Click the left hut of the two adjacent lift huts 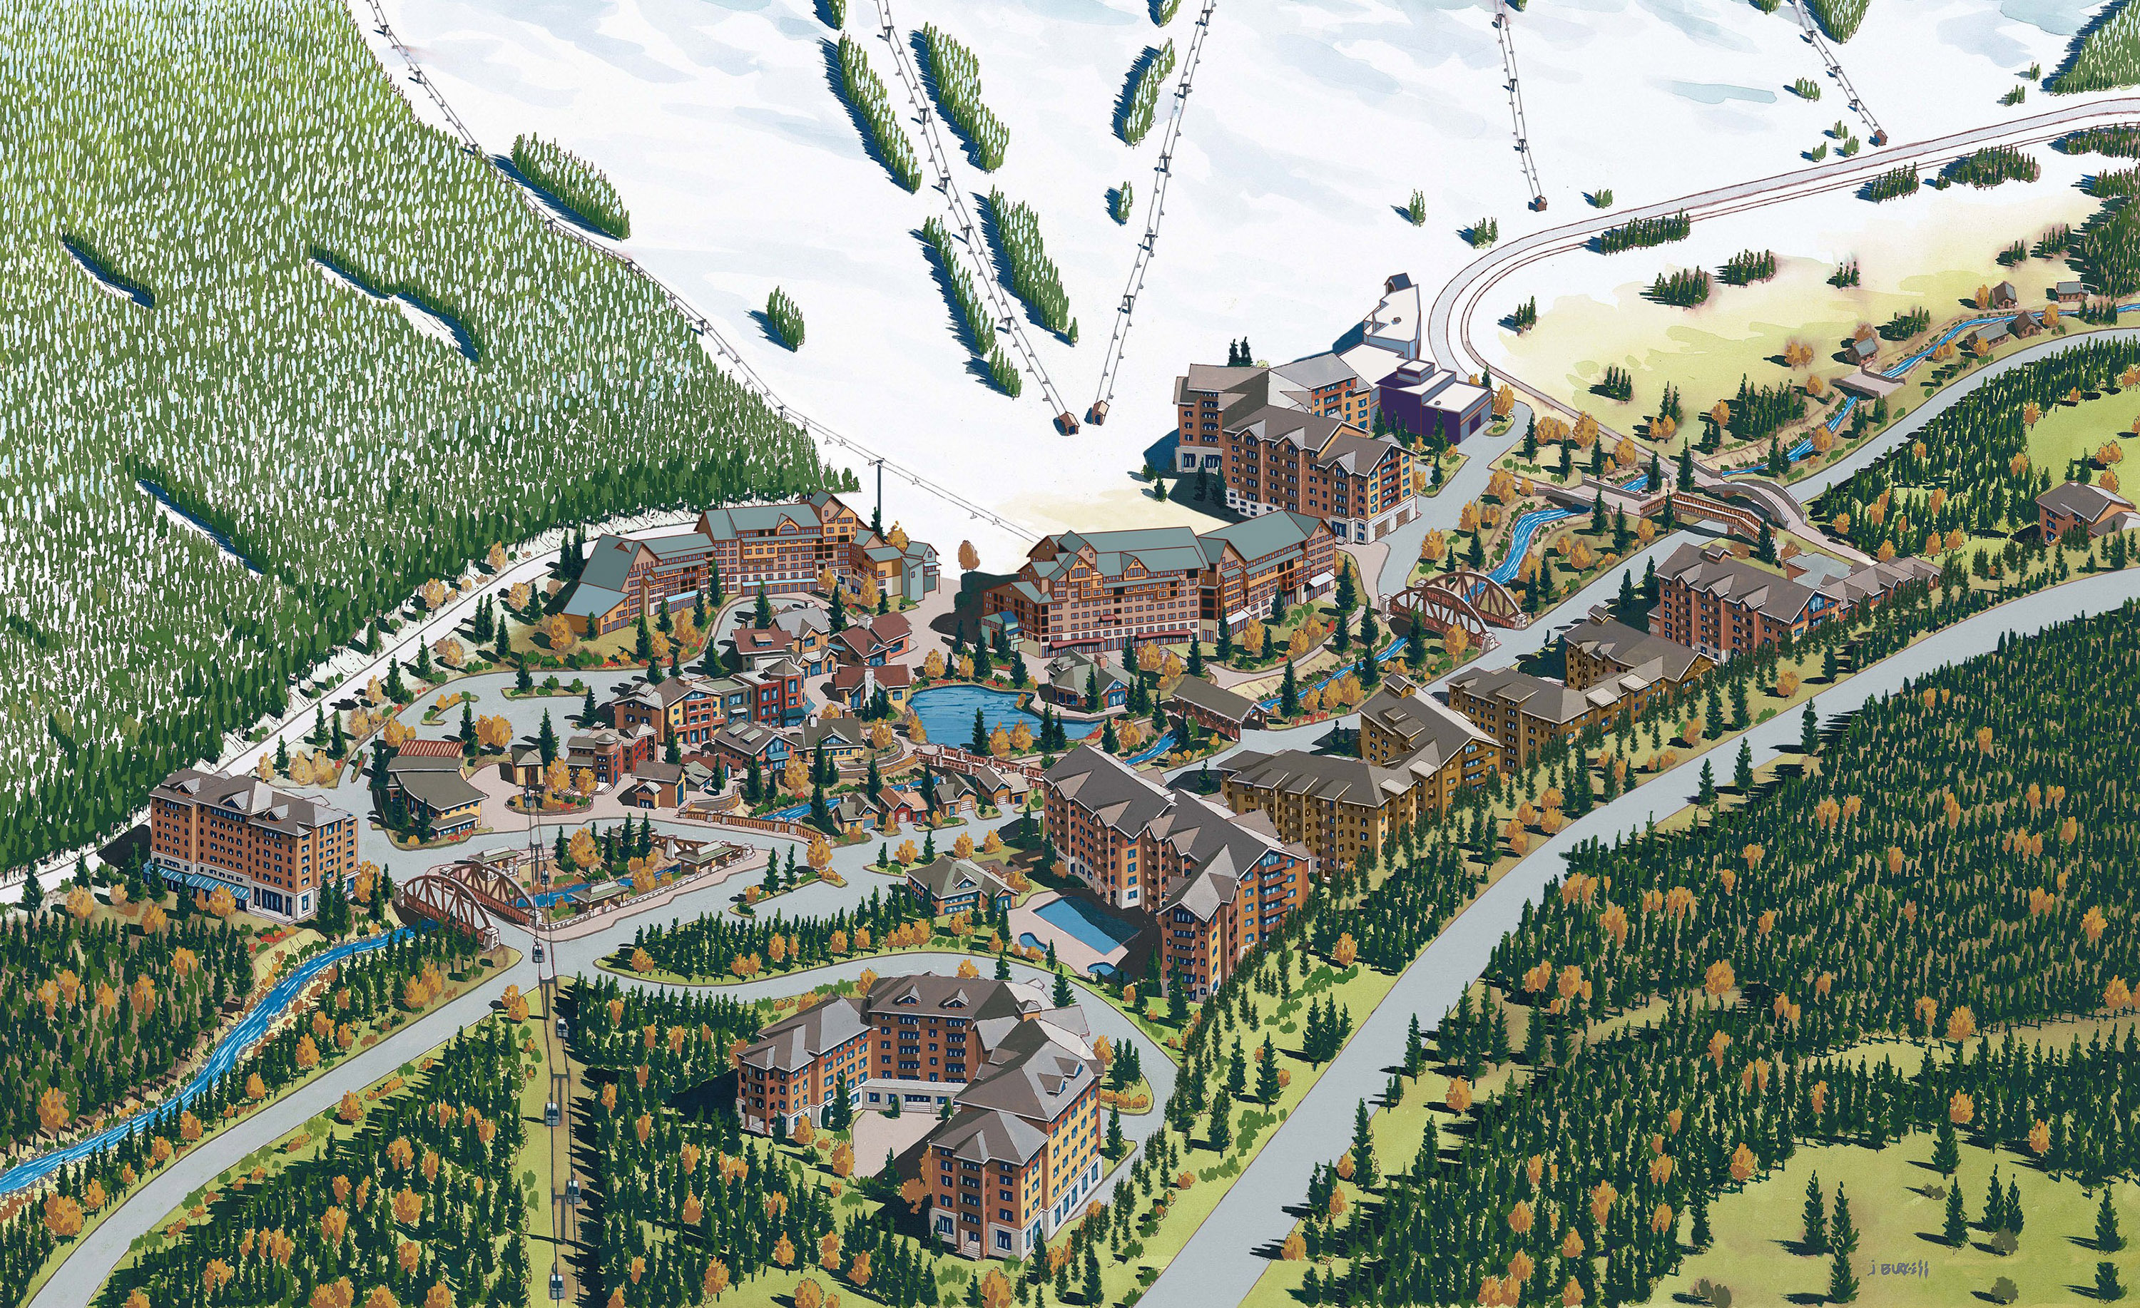pos(1065,423)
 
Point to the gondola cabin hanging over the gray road pos(538,953)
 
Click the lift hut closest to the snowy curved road pos(1538,203)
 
